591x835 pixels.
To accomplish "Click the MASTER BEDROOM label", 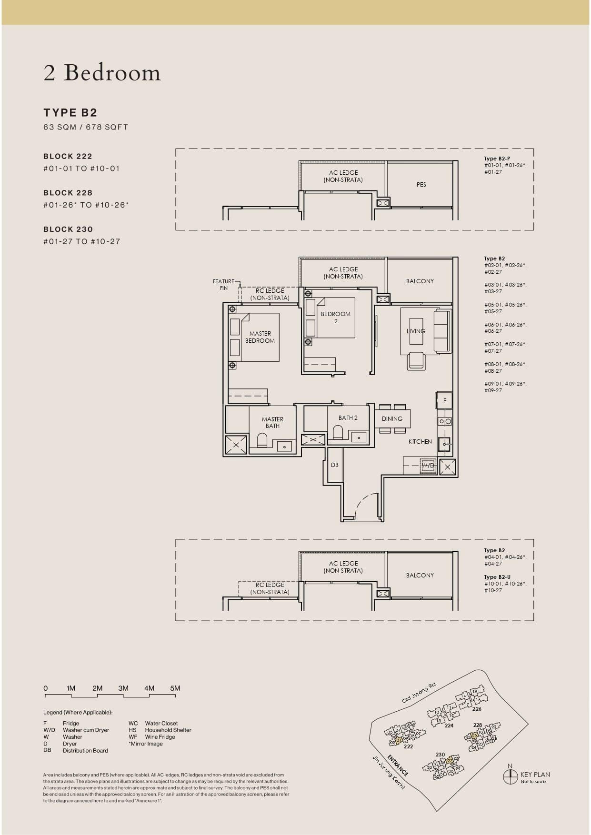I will point(260,337).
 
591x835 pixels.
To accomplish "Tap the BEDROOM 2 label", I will point(335,318).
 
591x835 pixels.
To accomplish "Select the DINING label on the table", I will point(392,419).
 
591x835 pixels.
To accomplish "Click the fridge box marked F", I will point(444,400).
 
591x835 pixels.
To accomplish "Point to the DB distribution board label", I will point(335,465).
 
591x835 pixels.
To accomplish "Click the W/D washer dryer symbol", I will point(428,465).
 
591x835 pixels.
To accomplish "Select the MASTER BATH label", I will point(272,423).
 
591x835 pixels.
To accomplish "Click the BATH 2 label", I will point(348,418).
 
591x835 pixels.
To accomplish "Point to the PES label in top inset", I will point(421,185).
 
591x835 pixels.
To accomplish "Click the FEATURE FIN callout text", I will point(223,285).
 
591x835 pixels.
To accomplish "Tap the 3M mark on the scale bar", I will point(123,688).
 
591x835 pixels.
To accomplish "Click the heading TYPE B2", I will point(70,113).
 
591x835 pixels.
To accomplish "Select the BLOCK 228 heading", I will point(68,193).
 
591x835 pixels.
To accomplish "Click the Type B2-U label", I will point(497,577).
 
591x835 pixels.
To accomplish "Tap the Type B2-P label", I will point(497,159).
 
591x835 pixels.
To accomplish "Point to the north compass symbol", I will point(510,776).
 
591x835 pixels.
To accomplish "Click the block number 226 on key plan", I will point(477,709).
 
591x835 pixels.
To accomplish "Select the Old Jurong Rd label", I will point(419,693).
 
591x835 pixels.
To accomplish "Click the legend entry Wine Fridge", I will point(160,737).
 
